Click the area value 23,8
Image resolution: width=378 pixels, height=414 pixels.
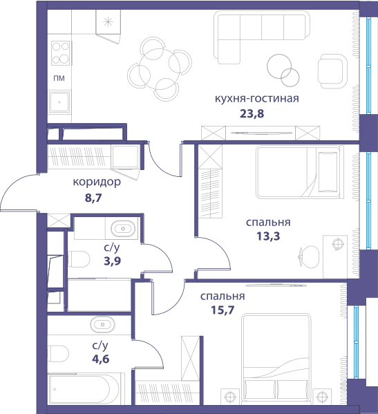coord(252,113)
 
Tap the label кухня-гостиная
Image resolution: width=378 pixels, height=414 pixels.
coord(257,98)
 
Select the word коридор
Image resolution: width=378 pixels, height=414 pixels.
coord(97,182)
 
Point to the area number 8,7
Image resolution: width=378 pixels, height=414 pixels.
coord(93,198)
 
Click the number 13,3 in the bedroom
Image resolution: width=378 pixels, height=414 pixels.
coord(268,236)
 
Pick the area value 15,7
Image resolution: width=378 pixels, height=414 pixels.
coord(223,310)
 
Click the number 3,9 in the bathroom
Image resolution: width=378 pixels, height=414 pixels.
coord(113,261)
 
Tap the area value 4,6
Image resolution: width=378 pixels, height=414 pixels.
coord(101,359)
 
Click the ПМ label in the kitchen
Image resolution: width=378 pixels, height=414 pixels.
coord(59,78)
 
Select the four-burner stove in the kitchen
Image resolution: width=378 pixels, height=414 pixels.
coord(60,53)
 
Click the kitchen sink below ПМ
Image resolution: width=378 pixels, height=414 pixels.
coord(59,102)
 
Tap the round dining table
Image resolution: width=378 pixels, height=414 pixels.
coord(160,69)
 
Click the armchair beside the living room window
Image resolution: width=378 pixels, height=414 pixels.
coord(332,71)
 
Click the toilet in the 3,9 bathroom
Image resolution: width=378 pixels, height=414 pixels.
coord(79,259)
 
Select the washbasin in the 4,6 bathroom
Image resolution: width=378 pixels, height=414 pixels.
coord(103,324)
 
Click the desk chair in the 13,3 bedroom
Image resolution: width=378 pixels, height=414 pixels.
coord(309,256)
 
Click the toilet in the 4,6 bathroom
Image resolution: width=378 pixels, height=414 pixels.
coord(59,354)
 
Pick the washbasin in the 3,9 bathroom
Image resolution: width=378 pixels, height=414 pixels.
coord(123,229)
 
